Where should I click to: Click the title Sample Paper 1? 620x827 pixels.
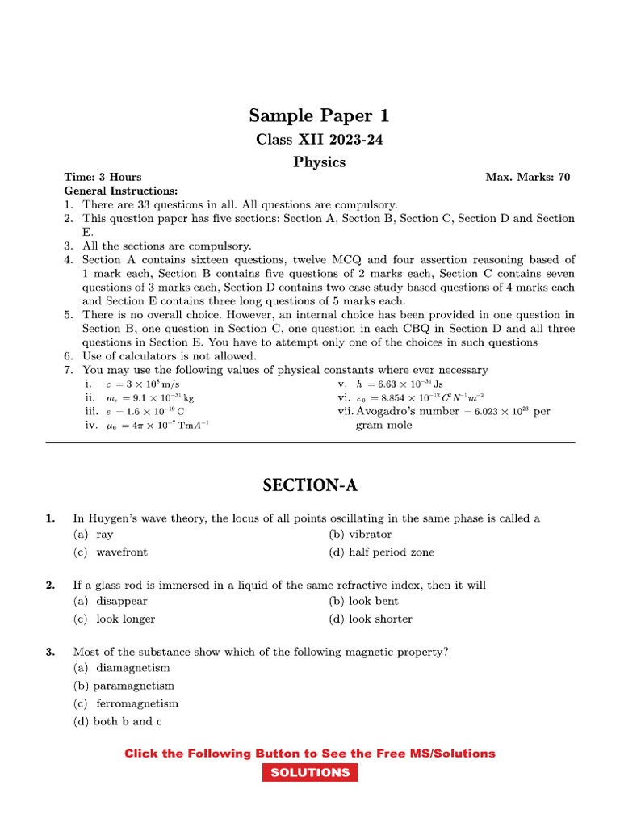pyautogui.click(x=319, y=115)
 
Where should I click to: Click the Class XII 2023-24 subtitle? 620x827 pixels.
pyautogui.click(x=319, y=139)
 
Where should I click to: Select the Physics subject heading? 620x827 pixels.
pyautogui.click(x=319, y=162)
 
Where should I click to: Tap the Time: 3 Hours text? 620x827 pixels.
pyautogui.click(x=103, y=177)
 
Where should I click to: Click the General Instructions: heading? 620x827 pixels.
pyautogui.click(x=121, y=191)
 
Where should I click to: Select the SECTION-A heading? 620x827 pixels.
pyautogui.click(x=309, y=485)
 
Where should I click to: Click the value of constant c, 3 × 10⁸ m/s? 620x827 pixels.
pyautogui.click(x=153, y=384)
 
